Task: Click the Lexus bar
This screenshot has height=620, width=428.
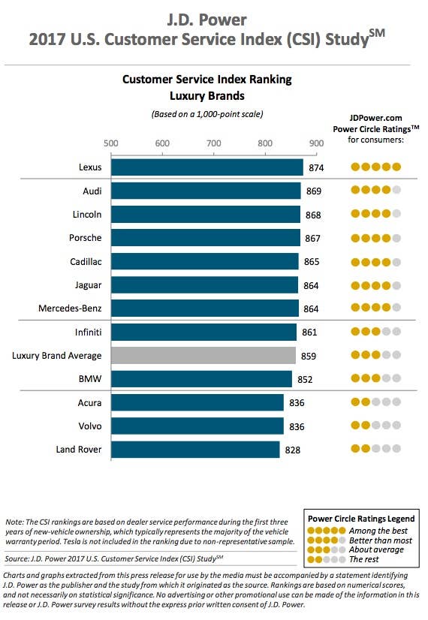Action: (207, 167)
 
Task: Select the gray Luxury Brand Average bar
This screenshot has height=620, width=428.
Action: (203, 356)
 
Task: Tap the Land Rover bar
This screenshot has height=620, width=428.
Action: (195, 450)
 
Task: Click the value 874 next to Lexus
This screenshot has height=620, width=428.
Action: (316, 168)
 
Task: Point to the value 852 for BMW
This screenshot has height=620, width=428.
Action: (305, 380)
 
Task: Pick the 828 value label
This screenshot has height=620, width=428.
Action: (293, 450)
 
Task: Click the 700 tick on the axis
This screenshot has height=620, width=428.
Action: (213, 143)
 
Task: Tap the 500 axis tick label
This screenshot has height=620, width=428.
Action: (111, 143)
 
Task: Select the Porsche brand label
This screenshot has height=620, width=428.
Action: (86, 238)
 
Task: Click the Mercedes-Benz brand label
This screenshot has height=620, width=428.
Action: (70, 308)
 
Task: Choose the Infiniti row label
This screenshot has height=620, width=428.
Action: (88, 332)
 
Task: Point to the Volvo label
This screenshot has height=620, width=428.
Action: (90, 426)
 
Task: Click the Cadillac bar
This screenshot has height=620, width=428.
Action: (205, 261)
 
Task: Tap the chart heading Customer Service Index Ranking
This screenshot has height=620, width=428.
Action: (207, 80)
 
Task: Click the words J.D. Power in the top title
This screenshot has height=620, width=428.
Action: (207, 20)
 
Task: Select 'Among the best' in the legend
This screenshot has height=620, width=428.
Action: (378, 531)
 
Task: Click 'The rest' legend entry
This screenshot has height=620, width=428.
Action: (364, 559)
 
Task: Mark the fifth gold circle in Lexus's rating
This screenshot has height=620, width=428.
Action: (396, 167)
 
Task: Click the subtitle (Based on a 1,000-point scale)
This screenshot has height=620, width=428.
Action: (207, 114)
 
